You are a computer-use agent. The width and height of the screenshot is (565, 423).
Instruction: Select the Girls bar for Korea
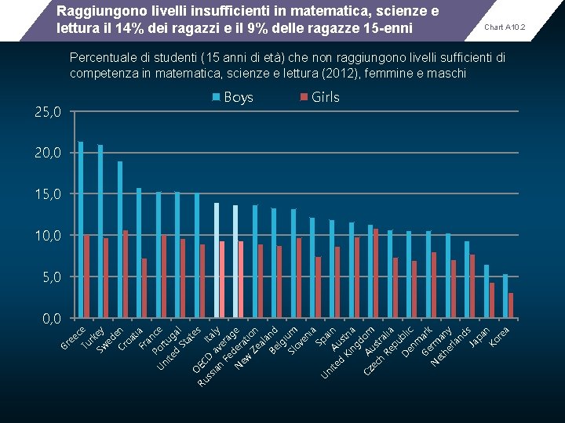[x=511, y=305]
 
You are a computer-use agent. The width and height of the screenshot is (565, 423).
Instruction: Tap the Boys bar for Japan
[x=487, y=291]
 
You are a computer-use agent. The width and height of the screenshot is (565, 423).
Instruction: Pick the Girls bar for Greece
[x=86, y=277]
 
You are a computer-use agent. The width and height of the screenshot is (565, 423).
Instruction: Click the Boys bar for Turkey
[x=100, y=231]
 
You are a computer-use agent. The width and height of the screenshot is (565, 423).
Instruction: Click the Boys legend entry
[x=233, y=97]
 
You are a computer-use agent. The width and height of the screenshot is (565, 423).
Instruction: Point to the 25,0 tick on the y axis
[x=47, y=112]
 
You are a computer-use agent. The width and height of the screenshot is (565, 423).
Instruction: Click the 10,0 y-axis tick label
[x=47, y=235]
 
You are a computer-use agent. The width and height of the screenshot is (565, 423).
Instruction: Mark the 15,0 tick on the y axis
[x=47, y=193]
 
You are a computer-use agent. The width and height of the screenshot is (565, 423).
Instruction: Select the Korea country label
[x=500, y=335]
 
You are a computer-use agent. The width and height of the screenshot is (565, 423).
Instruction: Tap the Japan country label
[x=480, y=335]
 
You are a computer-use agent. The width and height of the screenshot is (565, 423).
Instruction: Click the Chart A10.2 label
[x=505, y=27]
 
